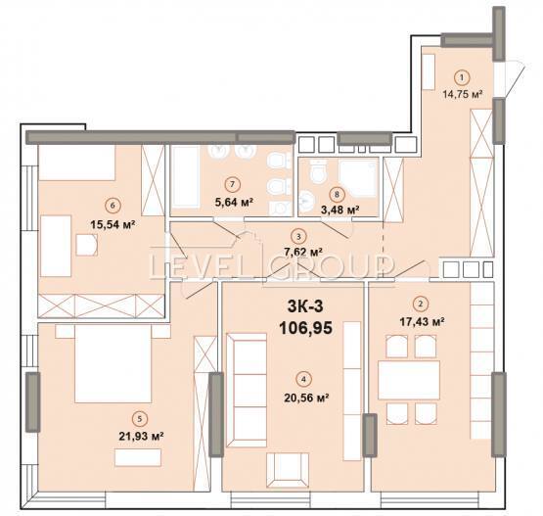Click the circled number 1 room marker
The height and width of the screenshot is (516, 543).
tap(461, 78)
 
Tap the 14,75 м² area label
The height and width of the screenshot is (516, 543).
tap(463, 94)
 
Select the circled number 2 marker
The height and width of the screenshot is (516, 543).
tap(421, 305)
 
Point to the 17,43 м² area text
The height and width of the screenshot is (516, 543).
tap(422, 322)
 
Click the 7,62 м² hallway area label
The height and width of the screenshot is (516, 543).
tap(303, 252)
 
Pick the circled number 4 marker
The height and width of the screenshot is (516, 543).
tap(303, 379)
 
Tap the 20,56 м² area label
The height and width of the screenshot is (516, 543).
tap(306, 398)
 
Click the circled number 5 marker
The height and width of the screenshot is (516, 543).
tap(140, 419)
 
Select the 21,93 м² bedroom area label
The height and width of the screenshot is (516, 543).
tap(141, 436)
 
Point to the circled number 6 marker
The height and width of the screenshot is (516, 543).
tap(112, 206)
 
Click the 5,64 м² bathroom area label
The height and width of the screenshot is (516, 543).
tap(234, 202)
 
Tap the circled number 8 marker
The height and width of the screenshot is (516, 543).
tap(337, 195)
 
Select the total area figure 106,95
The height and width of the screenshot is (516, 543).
tap(306, 328)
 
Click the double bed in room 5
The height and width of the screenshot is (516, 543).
tap(113, 363)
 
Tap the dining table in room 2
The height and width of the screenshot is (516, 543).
tap(409, 380)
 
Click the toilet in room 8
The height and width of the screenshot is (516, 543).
tap(318, 172)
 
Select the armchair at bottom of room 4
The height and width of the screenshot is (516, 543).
tap(288, 470)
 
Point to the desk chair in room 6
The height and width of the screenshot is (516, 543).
tap(86, 245)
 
